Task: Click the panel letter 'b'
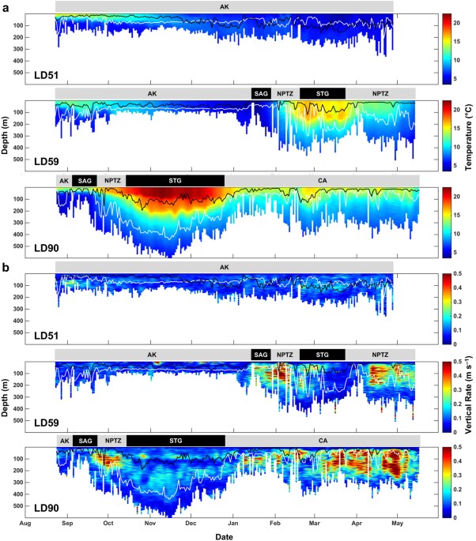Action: (6, 267)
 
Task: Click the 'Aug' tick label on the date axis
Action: (26, 523)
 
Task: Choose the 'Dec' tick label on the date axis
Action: (191, 523)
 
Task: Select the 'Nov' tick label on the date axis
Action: (149, 523)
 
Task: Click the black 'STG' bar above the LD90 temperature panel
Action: (175, 181)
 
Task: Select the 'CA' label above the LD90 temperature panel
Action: (322, 181)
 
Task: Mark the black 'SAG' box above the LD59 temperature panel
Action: (260, 93)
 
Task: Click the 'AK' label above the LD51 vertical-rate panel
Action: (225, 268)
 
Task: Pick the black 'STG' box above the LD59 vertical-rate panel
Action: (322, 354)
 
